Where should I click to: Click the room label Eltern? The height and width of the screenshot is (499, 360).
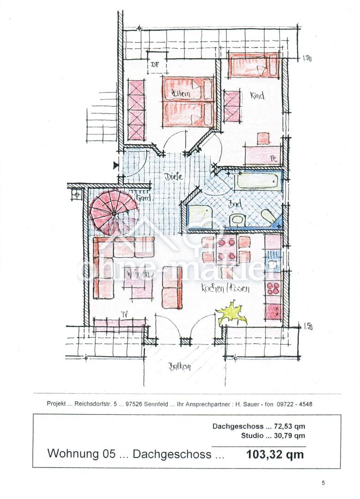[x=181, y=94]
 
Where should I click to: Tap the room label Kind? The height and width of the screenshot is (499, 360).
[x=257, y=96]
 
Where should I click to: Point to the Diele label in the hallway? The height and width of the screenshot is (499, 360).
[x=173, y=176]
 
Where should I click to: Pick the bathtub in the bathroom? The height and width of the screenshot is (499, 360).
[x=257, y=181]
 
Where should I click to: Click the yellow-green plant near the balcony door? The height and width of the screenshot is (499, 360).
[x=232, y=313]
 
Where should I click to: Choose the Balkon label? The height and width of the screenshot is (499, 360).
[x=180, y=367]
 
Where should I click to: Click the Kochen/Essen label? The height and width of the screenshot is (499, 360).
[x=225, y=289]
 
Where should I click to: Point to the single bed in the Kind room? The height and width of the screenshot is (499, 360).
[x=253, y=66]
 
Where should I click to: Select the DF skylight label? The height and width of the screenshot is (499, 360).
[x=155, y=65]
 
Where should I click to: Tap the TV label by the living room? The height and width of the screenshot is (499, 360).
[x=124, y=314]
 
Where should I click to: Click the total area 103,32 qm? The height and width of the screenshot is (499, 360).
[x=275, y=454]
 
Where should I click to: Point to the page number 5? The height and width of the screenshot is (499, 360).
[x=323, y=483]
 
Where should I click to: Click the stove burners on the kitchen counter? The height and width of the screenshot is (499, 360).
[x=273, y=288]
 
